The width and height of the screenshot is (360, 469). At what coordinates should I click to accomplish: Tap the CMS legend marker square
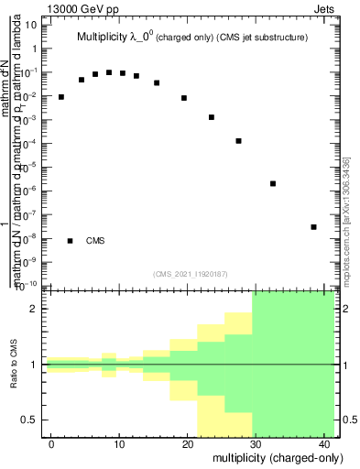(70, 241)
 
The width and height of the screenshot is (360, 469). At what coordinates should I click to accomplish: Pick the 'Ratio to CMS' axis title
(15, 365)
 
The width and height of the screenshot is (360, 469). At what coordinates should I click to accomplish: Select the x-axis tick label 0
(52, 443)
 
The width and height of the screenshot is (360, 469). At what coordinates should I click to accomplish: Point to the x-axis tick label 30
(255, 443)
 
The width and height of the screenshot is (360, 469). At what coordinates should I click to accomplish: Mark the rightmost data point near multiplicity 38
(313, 227)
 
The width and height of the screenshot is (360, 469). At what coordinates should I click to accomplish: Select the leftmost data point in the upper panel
(61, 97)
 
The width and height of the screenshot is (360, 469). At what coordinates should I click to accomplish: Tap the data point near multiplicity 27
(238, 141)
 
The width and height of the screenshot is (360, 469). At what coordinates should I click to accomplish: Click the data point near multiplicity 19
(184, 98)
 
